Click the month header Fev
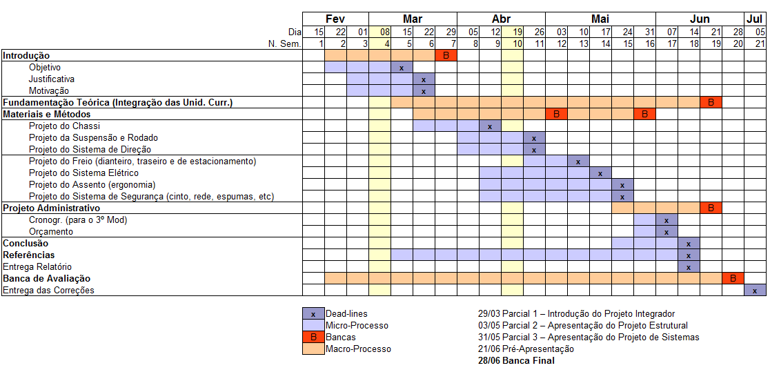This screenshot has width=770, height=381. (x=335, y=19)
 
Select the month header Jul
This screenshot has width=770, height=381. (x=755, y=19)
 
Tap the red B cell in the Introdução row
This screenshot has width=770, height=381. (x=446, y=55)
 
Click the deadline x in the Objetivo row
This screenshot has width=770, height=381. (x=402, y=68)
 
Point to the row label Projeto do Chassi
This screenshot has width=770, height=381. (x=64, y=126)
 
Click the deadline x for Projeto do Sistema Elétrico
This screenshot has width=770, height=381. (x=600, y=173)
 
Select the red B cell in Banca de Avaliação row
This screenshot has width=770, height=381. (x=733, y=278)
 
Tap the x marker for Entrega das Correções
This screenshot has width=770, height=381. (x=755, y=291)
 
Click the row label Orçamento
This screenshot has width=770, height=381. (x=51, y=232)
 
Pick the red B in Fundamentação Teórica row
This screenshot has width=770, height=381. (x=711, y=102)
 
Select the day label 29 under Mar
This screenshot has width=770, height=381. (x=451, y=32)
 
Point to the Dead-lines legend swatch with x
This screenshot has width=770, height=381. (x=313, y=314)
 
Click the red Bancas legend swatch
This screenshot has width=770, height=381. (x=313, y=338)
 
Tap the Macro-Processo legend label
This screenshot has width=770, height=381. (x=358, y=349)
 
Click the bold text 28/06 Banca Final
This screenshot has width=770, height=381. (x=517, y=360)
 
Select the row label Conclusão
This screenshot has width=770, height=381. (x=26, y=244)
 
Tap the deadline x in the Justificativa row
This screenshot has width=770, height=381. (x=424, y=79)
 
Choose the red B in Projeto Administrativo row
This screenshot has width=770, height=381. (x=711, y=208)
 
